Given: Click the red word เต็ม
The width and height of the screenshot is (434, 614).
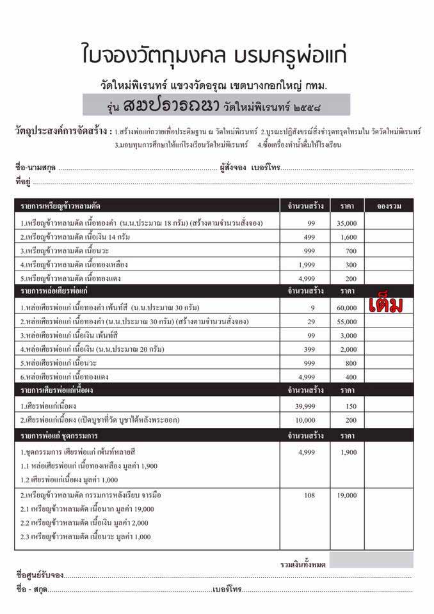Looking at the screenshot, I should pos(386,306).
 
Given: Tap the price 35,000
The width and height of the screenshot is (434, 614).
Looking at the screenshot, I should pos(348,223).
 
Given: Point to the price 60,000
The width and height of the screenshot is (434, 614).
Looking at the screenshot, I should pos(348,307).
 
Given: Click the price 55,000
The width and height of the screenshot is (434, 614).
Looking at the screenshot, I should pos(348,321).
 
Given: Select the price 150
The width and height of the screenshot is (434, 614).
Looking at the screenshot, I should pos(351,405).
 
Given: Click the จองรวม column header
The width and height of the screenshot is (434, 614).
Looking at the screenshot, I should pos(389,206).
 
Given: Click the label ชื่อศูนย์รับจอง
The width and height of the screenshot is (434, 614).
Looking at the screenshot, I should pos(41,574).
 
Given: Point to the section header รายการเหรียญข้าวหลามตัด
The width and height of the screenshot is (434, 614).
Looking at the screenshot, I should pos(60,206).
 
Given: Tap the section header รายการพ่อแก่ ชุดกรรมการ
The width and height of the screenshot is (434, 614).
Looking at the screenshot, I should pos(60,436).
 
